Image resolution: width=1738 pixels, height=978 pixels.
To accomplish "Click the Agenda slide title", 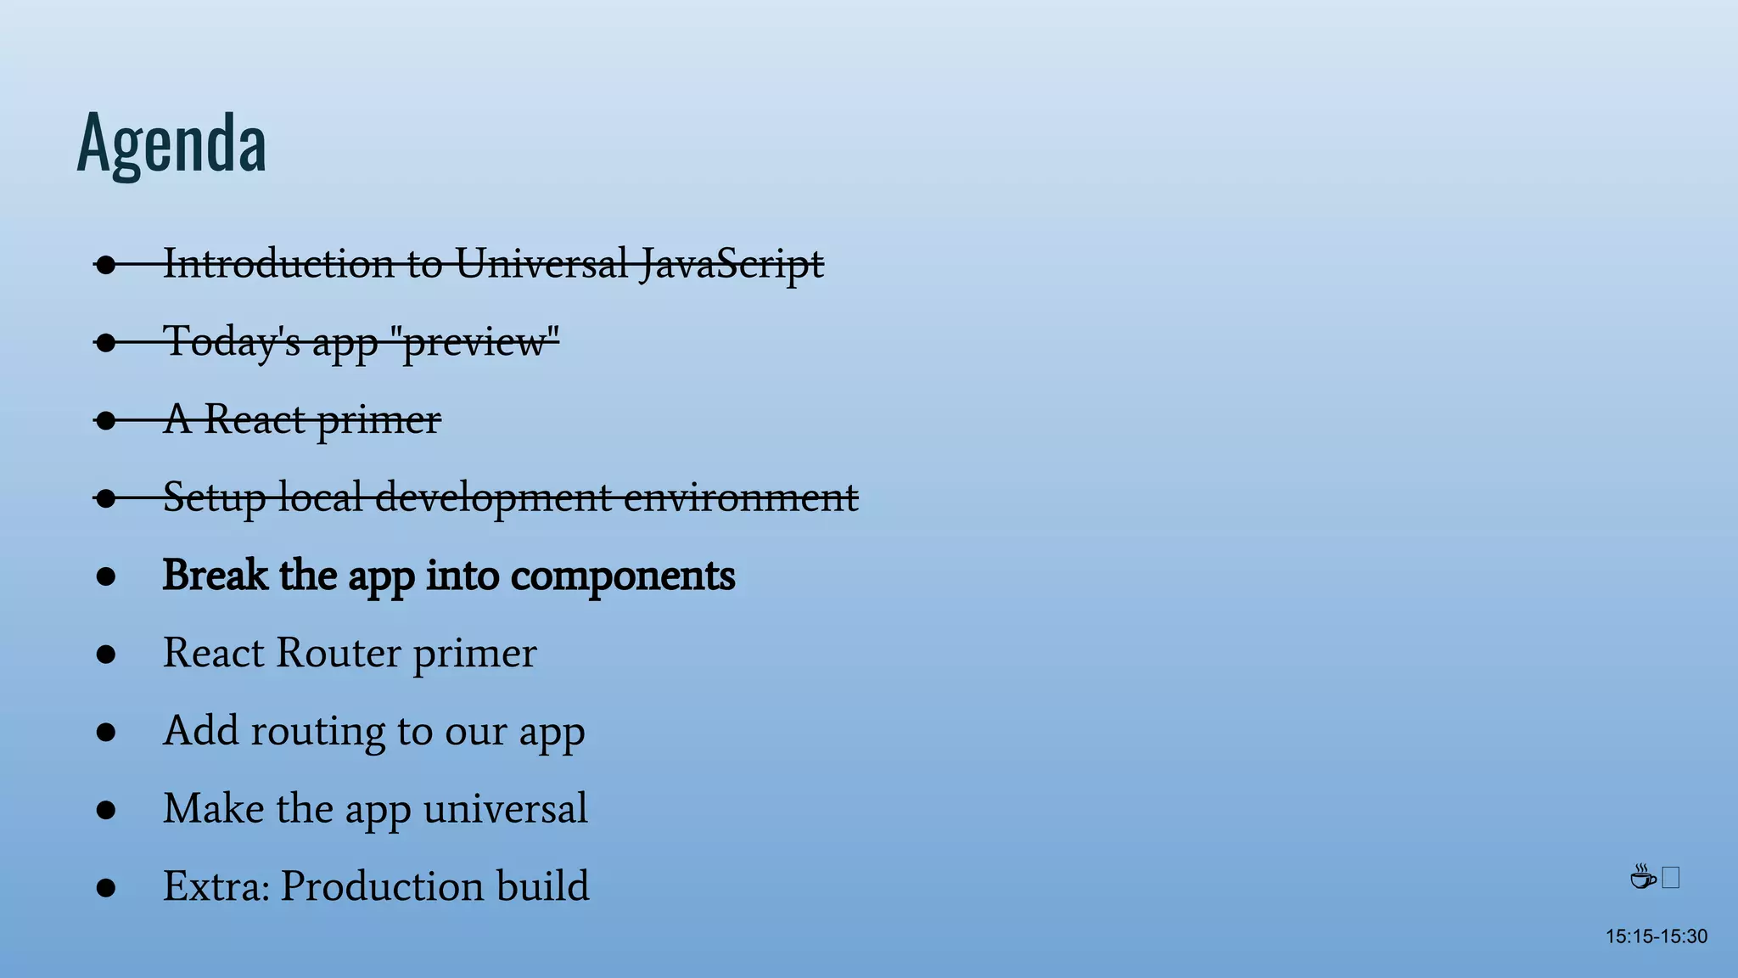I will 171,143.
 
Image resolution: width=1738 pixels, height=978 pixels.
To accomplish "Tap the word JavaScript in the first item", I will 731,263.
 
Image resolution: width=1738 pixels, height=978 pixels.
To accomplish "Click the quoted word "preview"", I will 480,341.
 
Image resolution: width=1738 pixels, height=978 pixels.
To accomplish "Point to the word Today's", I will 232,341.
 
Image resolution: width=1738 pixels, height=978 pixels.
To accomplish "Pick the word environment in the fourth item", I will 741,497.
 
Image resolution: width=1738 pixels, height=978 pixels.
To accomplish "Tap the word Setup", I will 214,497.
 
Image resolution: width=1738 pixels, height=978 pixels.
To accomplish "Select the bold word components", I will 622,576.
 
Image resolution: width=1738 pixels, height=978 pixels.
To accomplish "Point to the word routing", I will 317,731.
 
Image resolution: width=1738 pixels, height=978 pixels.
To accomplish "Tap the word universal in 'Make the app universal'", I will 505,808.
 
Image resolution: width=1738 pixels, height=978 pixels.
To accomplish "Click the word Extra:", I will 216,886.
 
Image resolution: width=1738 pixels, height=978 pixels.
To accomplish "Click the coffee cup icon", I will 1643,877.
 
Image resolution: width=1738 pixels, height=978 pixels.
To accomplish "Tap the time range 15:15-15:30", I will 1656,936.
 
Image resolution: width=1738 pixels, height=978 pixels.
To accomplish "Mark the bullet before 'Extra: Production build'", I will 106,888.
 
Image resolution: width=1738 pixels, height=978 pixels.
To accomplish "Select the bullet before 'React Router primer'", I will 106,655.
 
